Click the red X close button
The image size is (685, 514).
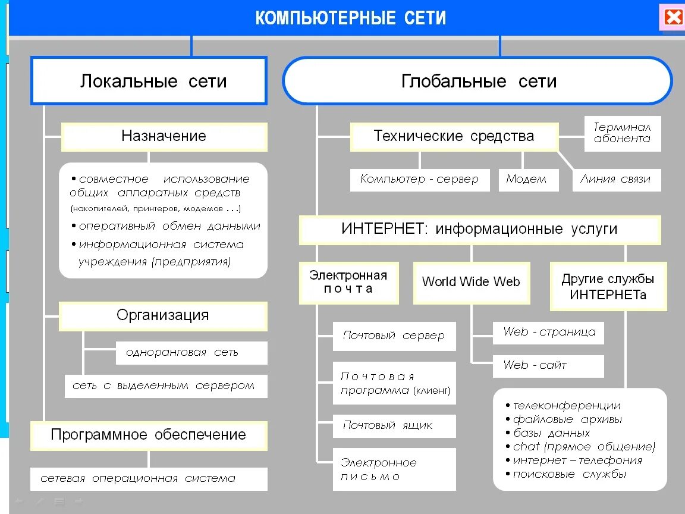[673, 17]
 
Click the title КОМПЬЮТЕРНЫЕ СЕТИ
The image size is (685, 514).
[351, 18]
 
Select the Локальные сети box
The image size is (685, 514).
[149, 81]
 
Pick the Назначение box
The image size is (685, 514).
[164, 136]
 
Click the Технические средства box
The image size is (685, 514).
[454, 136]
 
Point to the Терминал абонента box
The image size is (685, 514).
[622, 133]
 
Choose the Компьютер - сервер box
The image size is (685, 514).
[419, 179]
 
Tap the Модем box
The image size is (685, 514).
[526, 179]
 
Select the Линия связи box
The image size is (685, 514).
[615, 179]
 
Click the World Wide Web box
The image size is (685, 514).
[471, 282]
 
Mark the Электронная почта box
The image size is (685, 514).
[348, 282]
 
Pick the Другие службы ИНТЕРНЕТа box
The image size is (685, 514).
[608, 286]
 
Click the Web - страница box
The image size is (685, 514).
[548, 332]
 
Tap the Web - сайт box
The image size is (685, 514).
[548, 365]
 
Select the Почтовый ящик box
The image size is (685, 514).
[394, 425]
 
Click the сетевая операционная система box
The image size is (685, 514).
[149, 478]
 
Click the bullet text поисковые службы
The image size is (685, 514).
[569, 474]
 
